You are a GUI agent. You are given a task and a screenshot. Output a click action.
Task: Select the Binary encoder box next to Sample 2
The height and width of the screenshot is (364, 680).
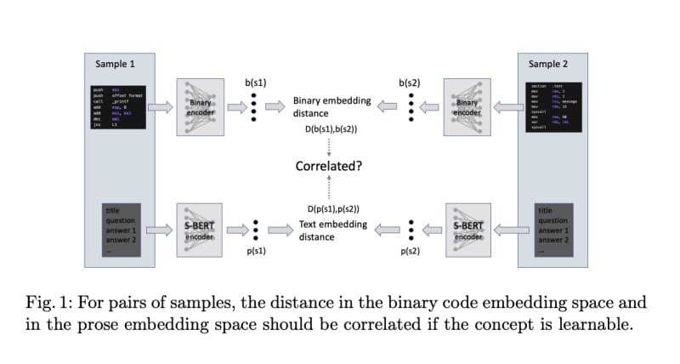pyautogui.click(x=467, y=107)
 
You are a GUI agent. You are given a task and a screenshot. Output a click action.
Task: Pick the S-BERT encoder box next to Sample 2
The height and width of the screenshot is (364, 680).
pyautogui.click(x=467, y=230)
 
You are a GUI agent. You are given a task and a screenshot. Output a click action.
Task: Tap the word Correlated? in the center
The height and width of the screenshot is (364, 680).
pyautogui.click(x=328, y=166)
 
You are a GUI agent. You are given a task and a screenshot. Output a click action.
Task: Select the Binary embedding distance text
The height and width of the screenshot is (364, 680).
pyautogui.click(x=331, y=107)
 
